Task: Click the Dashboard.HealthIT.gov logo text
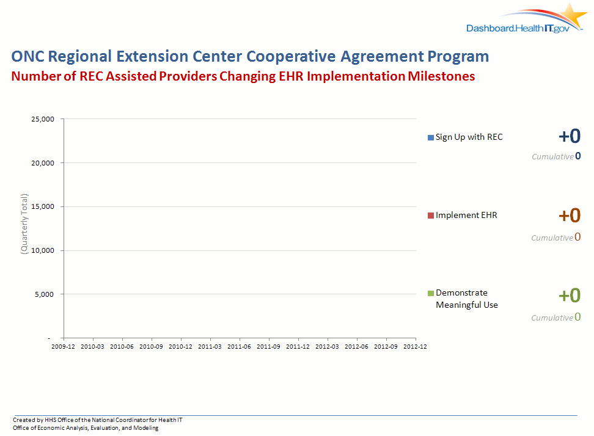coord(518,28)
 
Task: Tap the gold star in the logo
coord(573,15)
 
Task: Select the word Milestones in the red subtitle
coord(441,76)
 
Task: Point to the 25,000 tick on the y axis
coord(43,119)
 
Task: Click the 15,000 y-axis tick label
coord(43,206)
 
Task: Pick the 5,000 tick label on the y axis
coord(45,294)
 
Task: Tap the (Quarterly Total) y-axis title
coord(24,224)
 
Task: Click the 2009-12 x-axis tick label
coord(64,347)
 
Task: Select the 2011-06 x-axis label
coord(239,347)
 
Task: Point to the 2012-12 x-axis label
coord(415,347)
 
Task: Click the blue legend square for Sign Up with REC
coord(431,138)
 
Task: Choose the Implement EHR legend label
coord(466,215)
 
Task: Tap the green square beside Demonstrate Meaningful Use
coord(431,293)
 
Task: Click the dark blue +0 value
coord(570,136)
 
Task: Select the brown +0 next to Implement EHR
coord(570,216)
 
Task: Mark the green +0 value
coord(570,295)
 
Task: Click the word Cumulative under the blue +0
coord(552,157)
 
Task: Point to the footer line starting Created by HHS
coord(97,420)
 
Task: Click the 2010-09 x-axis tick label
coord(151,347)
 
